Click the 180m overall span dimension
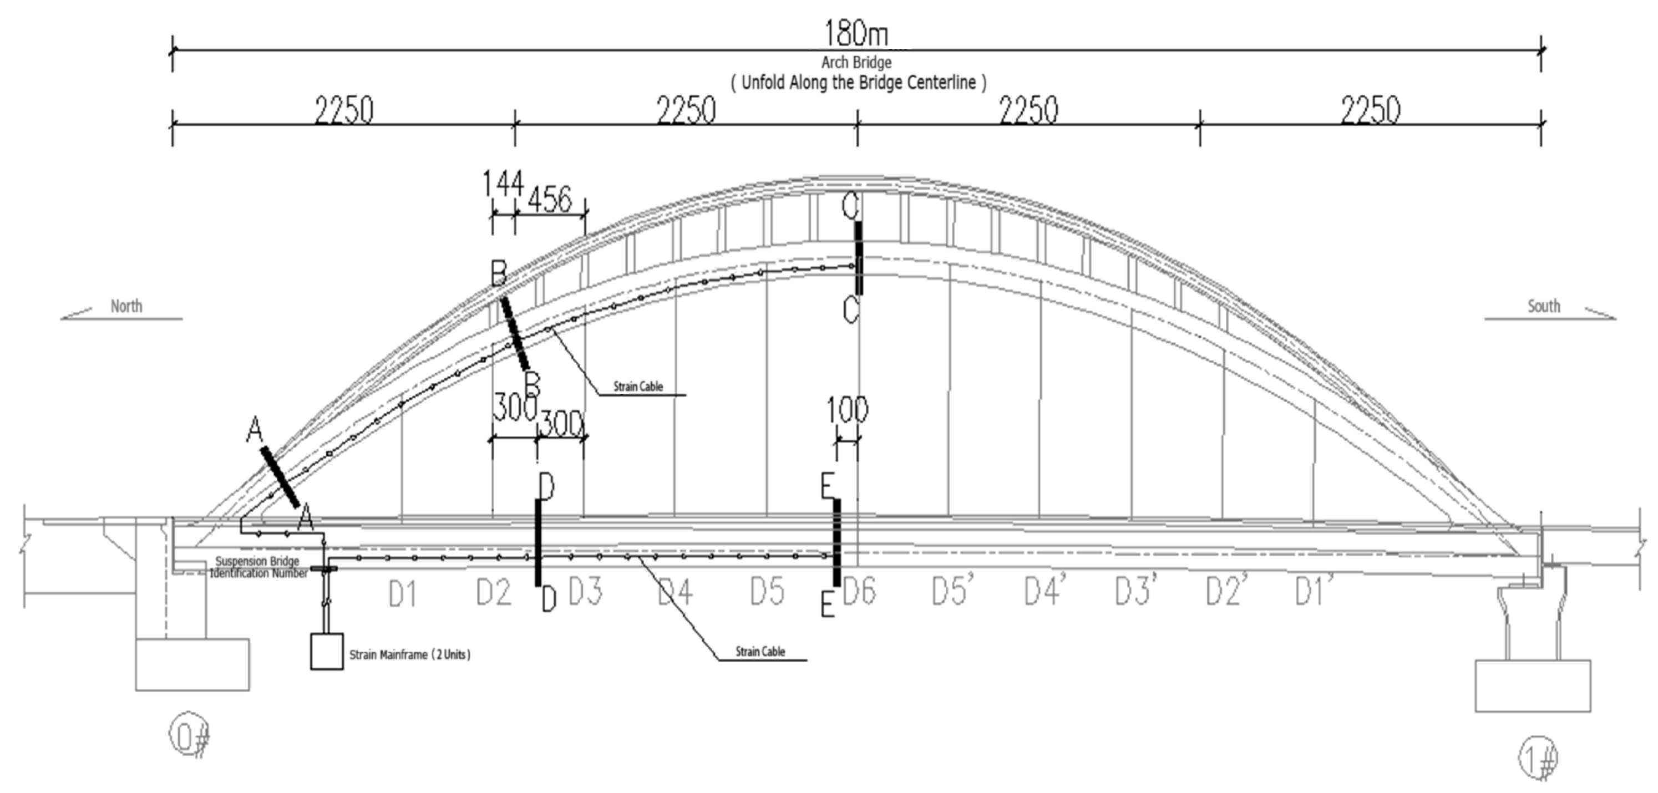(856, 33)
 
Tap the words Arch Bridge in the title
(856, 63)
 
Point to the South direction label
(1543, 306)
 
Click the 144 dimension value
(503, 184)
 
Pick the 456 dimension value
(550, 199)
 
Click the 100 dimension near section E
(847, 410)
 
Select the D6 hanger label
(859, 591)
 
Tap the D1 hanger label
(402, 593)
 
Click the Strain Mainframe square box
(327, 652)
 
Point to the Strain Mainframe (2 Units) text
(410, 654)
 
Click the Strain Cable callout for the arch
(638, 387)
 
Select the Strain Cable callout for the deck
(760, 652)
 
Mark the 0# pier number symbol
(189, 735)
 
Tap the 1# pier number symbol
(1538, 758)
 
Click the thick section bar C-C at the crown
(859, 257)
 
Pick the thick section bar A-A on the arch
(280, 477)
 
